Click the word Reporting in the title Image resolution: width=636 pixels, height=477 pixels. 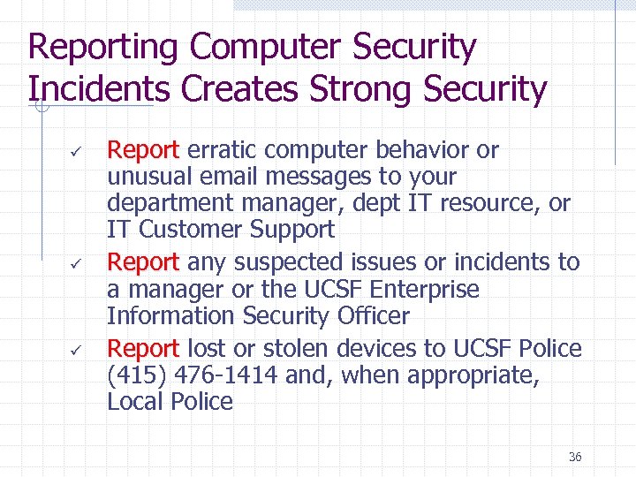tap(102, 48)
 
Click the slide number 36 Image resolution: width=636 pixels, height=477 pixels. tap(575, 457)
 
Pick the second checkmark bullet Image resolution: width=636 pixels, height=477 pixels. tap(76, 263)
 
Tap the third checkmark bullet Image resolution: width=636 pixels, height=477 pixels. tap(76, 349)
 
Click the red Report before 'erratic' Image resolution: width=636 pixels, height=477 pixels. tap(143, 150)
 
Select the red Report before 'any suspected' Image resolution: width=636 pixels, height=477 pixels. tap(143, 262)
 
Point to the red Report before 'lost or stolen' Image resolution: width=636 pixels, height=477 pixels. tap(143, 348)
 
